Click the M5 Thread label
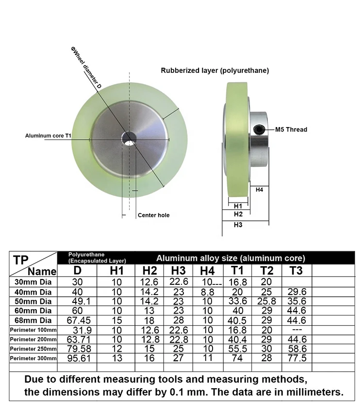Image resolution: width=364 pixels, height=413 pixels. (x=291, y=130)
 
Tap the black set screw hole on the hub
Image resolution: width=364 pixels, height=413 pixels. (x=260, y=129)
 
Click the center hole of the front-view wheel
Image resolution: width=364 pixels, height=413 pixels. (x=129, y=138)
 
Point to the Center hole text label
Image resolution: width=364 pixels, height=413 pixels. (x=154, y=215)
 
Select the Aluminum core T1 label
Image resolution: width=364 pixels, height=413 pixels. (x=49, y=136)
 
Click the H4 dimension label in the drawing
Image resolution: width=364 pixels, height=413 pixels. (x=260, y=189)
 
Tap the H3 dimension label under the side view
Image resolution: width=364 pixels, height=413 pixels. (x=238, y=225)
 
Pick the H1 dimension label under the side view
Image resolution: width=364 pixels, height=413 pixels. (x=238, y=205)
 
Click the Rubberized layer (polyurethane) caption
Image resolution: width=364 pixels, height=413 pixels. (x=215, y=70)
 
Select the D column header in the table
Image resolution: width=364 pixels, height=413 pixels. (x=77, y=270)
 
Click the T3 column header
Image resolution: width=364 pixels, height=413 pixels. (x=296, y=270)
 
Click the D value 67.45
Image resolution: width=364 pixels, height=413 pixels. (x=77, y=320)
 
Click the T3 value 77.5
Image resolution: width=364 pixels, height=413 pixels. (x=296, y=358)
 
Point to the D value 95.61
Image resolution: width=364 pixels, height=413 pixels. (x=77, y=358)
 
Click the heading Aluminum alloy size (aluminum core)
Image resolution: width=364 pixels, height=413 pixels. (x=231, y=258)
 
